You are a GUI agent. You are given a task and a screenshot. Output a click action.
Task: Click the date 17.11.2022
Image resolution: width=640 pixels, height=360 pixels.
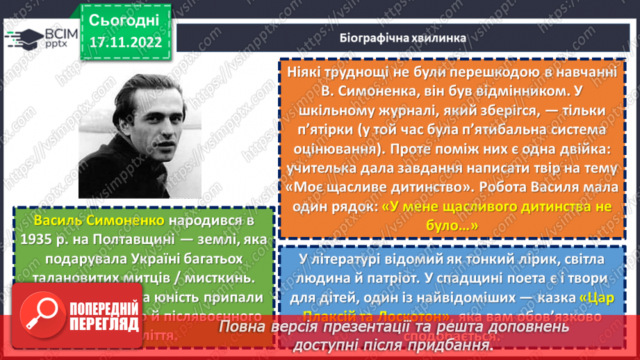click(x=125, y=41)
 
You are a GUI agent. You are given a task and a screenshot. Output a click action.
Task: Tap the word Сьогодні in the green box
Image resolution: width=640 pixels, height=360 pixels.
click(x=124, y=19)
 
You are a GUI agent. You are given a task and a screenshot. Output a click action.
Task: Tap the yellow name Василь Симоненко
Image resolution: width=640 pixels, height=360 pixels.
click(x=97, y=221)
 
